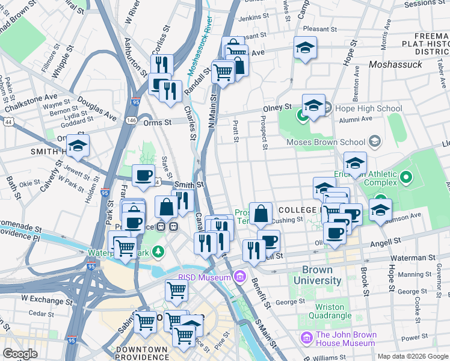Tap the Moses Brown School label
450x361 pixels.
325,143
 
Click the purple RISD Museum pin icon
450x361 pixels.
240,277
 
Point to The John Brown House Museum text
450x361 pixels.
346,339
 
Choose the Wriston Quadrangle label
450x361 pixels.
330,310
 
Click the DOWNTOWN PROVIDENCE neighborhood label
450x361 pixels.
141,353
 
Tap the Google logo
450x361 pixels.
20,354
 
